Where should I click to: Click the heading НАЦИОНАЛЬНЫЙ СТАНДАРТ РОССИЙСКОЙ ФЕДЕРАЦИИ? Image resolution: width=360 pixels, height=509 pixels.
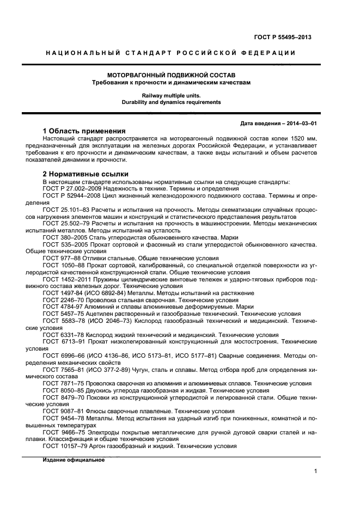[x=170, y=53]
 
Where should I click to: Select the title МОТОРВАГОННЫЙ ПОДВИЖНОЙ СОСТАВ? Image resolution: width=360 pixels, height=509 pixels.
[x=170, y=75]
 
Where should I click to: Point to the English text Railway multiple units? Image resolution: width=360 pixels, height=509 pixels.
[x=170, y=95]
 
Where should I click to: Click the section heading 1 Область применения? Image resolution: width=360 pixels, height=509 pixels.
[x=84, y=131]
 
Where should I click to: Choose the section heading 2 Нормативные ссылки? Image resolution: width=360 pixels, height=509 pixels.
[x=78, y=174]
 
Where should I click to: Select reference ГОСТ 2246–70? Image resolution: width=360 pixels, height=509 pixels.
[x=60, y=300]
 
